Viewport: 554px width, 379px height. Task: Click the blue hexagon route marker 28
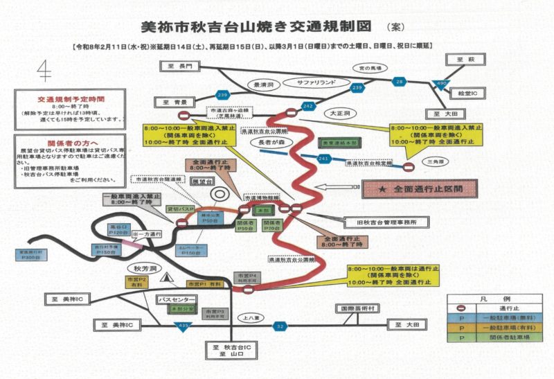399,81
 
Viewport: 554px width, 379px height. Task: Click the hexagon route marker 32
280,324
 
